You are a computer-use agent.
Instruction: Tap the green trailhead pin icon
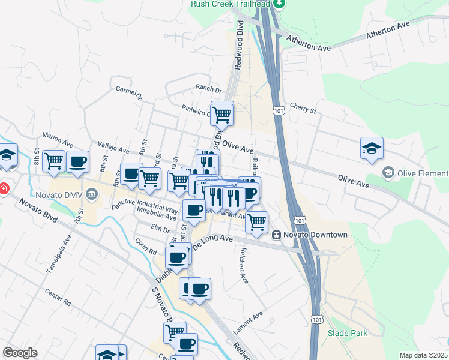(278, 3)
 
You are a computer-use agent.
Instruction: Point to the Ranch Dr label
(209, 88)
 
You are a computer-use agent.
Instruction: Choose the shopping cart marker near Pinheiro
(222, 114)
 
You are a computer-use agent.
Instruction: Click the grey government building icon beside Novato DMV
(92, 194)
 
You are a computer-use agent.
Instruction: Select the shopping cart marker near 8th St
(54, 161)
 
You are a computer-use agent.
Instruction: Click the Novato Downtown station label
(316, 235)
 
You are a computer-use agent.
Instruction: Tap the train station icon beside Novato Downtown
(277, 235)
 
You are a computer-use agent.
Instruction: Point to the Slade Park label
(347, 333)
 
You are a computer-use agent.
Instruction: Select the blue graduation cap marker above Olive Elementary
(372, 148)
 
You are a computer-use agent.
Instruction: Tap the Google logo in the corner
(20, 353)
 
